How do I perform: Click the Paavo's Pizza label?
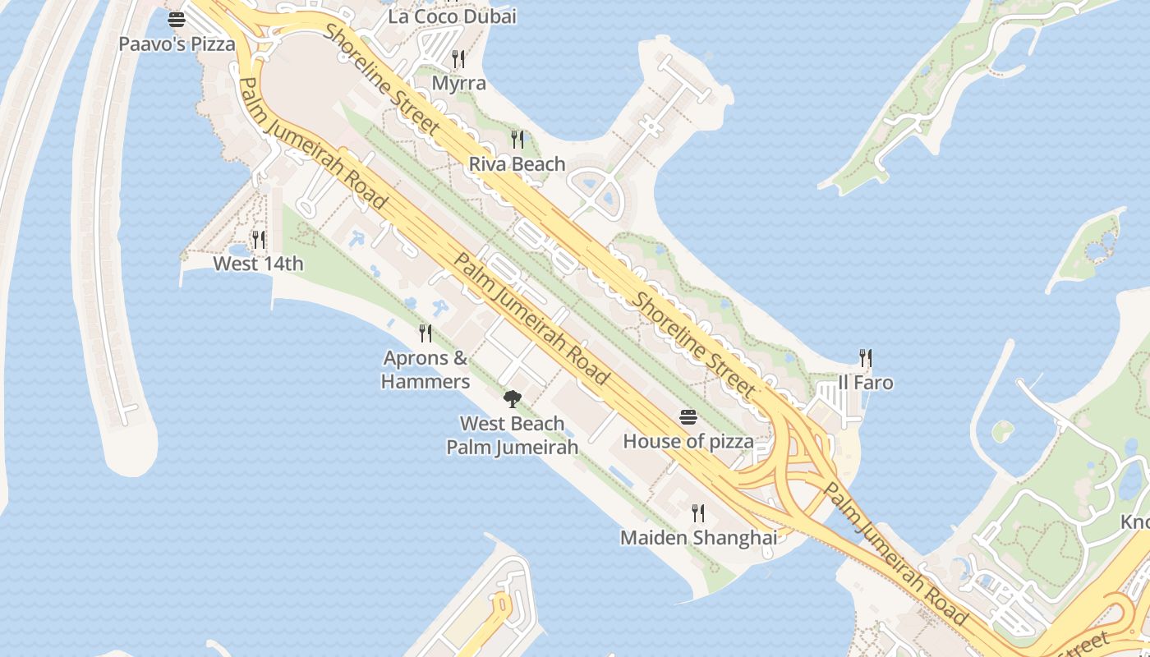(177, 44)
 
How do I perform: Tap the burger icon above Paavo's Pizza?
(177, 19)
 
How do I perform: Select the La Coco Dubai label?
(452, 16)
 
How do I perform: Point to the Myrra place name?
(458, 84)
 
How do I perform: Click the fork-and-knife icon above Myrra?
(458, 58)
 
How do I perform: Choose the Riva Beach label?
(517, 164)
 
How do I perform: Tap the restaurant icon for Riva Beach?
(517, 139)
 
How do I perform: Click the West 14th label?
(258, 264)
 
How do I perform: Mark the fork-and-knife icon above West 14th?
(259, 239)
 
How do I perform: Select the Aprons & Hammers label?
(425, 370)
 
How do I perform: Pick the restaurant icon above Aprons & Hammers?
(425, 333)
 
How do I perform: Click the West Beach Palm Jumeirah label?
(512, 435)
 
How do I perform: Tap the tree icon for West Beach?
(512, 399)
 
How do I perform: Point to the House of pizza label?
(688, 442)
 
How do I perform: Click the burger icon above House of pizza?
(688, 417)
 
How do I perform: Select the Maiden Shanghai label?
(698, 538)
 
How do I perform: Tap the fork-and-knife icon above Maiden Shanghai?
(698, 513)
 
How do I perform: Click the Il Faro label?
(865, 383)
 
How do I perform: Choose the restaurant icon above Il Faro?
(865, 357)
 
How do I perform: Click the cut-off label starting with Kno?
(1135, 522)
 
